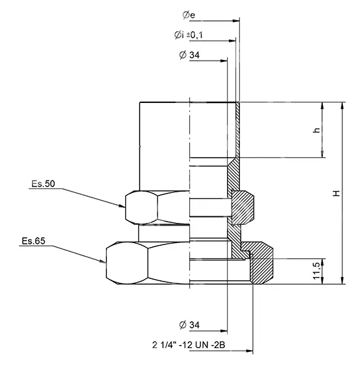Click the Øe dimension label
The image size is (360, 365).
click(x=188, y=15)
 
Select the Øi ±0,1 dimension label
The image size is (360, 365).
click(x=188, y=35)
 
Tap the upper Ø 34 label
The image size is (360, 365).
click(x=189, y=55)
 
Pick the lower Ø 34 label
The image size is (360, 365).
click(x=189, y=325)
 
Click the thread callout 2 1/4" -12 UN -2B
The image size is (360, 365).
click(x=188, y=345)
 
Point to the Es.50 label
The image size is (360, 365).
click(x=43, y=184)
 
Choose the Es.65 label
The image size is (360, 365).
click(x=33, y=241)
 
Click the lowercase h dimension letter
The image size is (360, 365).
click(x=316, y=130)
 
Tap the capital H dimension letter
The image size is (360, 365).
click(x=337, y=193)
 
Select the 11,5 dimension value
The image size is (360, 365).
click(x=316, y=271)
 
